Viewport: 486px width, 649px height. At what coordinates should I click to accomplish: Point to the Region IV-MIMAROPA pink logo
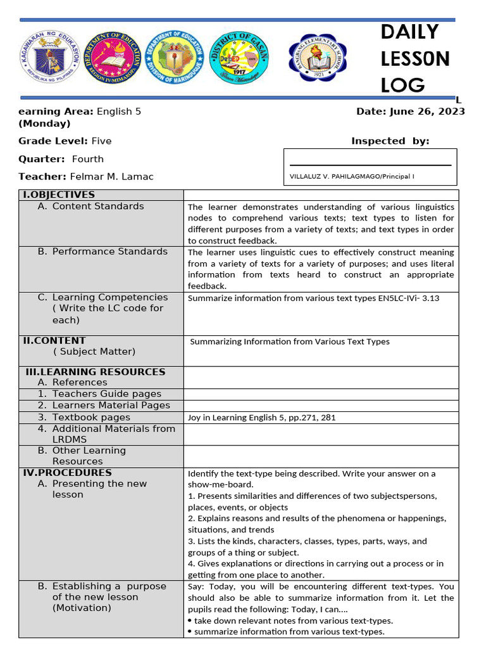[111, 58]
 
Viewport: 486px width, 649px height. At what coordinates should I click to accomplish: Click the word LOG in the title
[402, 86]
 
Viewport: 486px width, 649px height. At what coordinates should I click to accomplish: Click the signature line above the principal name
[370, 165]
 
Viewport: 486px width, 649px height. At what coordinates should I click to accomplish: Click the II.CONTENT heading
[54, 340]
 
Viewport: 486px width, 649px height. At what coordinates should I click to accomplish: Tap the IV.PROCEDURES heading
[67, 473]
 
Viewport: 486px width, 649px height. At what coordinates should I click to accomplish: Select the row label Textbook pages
[91, 418]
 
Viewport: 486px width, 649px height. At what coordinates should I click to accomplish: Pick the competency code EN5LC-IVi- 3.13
[405, 298]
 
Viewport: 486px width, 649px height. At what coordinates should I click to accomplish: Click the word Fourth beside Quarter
[87, 159]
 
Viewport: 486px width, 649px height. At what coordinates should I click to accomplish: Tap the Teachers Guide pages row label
[106, 394]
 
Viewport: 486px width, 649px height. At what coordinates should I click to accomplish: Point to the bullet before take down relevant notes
[190, 621]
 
